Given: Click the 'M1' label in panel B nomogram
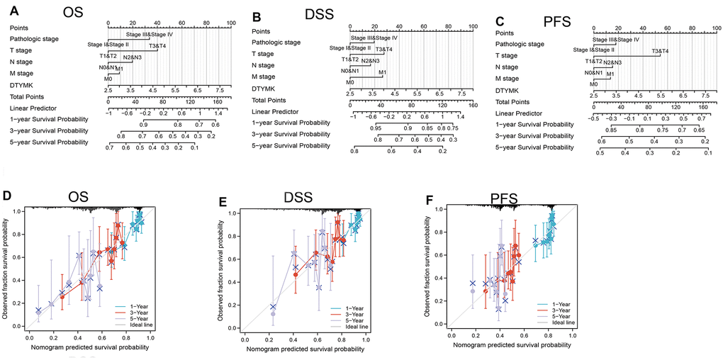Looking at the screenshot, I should (x=382, y=73).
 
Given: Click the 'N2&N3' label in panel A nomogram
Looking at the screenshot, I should (x=132, y=57).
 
